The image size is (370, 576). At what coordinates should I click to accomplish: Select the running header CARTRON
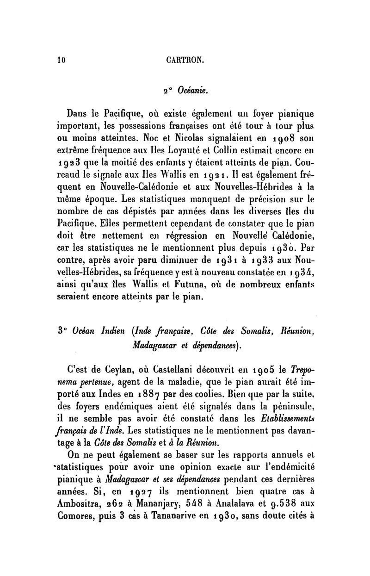[x=185, y=59]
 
